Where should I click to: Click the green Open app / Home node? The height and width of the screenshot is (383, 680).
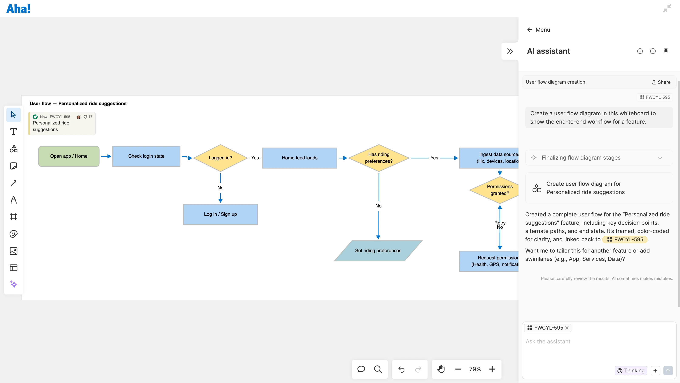(69, 156)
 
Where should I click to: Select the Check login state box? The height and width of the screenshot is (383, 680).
(146, 156)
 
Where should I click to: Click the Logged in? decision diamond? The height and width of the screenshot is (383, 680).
(220, 158)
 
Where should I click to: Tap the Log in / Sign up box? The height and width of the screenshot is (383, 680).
(220, 214)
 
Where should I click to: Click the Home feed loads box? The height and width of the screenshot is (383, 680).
(299, 158)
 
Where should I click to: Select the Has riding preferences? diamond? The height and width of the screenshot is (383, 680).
(378, 158)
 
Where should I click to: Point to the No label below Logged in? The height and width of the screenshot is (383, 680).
(220, 188)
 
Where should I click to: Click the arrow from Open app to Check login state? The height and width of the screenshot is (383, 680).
(106, 156)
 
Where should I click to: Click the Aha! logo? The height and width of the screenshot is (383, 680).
(18, 9)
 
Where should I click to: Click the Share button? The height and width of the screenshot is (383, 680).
(661, 82)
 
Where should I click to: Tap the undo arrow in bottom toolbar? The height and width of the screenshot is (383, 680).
(401, 369)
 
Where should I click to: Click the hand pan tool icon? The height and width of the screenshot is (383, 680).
(441, 369)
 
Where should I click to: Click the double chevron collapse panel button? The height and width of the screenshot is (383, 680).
(510, 51)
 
